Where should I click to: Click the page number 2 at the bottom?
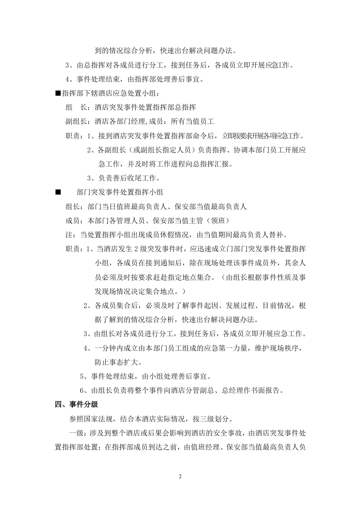pyautogui.click(x=180, y=477)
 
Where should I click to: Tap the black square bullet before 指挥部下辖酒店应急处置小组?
pyautogui.click(x=57, y=93)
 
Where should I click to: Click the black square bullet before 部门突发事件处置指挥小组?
pyautogui.click(x=57, y=192)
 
